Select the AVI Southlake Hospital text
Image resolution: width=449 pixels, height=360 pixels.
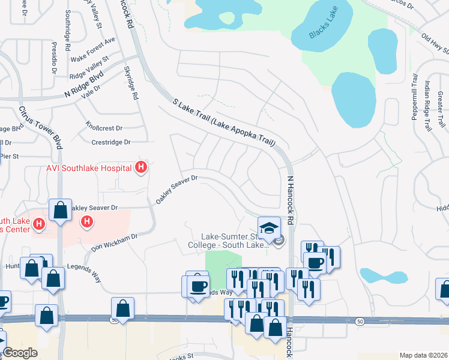pyautogui.click(x=89, y=167)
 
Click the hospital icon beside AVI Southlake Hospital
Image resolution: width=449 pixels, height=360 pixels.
pyautogui.click(x=140, y=167)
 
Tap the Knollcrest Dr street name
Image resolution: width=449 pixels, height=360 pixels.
pyautogui.click(x=104, y=128)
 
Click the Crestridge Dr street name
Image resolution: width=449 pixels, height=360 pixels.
pyautogui.click(x=110, y=142)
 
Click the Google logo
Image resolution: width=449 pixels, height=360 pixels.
pyautogui.click(x=20, y=353)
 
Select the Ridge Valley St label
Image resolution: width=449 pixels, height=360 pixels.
pyautogui.click(x=89, y=68)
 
